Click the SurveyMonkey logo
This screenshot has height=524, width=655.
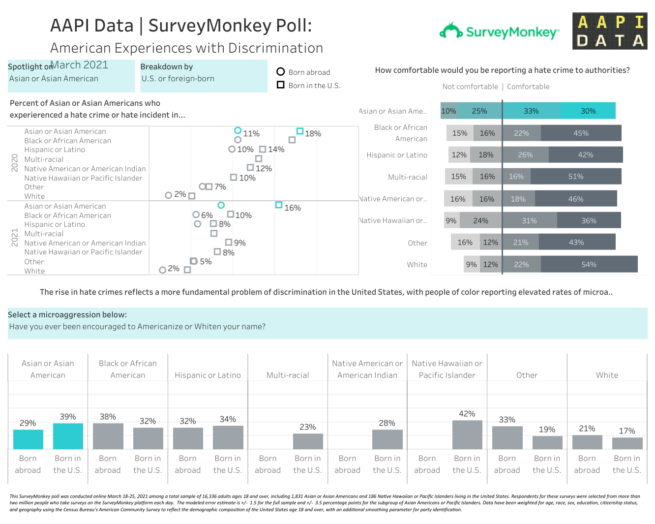pos(499,32)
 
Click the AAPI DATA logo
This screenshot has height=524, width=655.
pos(610,31)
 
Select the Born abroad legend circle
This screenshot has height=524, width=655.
pos(281,72)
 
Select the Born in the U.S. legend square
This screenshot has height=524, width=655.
pos(281,85)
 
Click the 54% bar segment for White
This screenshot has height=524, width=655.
pos(589,264)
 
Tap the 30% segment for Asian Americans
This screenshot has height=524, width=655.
pos(588,111)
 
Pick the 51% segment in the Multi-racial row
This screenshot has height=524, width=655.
pos(575,176)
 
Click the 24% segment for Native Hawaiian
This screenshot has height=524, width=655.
pos(480,220)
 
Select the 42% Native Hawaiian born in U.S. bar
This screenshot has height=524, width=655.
pos(467,434)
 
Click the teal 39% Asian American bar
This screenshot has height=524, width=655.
pos(68,436)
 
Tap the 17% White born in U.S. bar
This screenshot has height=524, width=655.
pos(627,443)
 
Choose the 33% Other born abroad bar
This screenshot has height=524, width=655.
pos(507,437)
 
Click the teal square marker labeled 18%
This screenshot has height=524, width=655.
pos(299,131)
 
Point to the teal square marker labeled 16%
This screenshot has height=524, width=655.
pos(279,205)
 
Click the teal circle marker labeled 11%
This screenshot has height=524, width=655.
pos(238,130)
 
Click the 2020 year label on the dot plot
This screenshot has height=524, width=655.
pos(15,163)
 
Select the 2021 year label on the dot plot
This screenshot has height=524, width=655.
pos(15,237)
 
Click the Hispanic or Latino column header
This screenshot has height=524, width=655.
pos(208,375)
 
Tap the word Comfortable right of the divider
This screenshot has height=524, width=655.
pos(528,87)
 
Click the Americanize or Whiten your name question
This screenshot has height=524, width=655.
pos(137,327)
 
